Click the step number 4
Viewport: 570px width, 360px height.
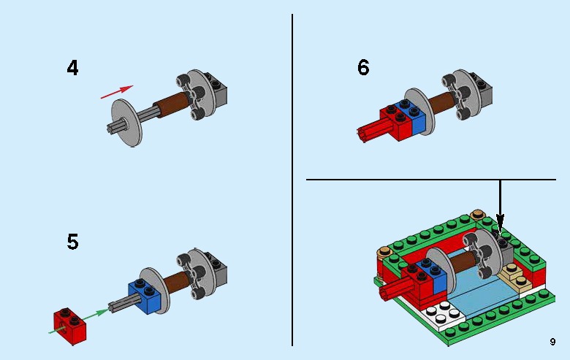click(72, 69)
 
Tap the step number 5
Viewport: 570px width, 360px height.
click(72, 242)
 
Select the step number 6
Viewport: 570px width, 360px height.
click(363, 69)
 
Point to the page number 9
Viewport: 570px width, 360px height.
click(552, 342)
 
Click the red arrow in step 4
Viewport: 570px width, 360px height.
click(116, 91)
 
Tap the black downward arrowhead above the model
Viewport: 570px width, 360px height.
click(501, 218)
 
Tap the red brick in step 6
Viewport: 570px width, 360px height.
click(394, 121)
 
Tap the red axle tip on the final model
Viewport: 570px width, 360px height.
click(385, 294)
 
